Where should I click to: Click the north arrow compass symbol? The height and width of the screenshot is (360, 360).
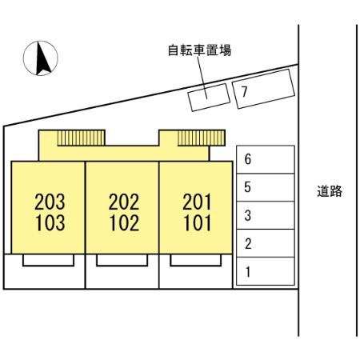41,58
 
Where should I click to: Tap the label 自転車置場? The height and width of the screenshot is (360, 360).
199,50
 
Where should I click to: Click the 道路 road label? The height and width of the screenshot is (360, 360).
330,191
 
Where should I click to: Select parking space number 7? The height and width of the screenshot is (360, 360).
263,89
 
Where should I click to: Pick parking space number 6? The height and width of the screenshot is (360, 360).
266,159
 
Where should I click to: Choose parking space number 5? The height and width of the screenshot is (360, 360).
266,187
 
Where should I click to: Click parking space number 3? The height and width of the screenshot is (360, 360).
266,215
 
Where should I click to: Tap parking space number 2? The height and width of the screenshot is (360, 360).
266,243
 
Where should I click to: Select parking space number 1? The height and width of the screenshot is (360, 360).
266,271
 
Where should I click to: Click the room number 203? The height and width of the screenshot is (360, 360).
50,202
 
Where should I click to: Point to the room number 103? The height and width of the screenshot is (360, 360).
50,223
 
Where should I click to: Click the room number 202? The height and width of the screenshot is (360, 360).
124,202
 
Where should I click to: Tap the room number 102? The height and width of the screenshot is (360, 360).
124,223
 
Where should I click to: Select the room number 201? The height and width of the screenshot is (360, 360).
197,202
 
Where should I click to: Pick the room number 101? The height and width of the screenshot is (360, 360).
197,223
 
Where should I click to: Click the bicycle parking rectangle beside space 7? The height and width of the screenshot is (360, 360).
209,98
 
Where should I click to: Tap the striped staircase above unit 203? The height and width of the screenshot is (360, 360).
81,138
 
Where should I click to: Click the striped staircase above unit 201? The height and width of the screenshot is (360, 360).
202,138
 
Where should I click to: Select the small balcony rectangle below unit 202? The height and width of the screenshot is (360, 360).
122,260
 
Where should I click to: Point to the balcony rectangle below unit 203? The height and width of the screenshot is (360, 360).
48,260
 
